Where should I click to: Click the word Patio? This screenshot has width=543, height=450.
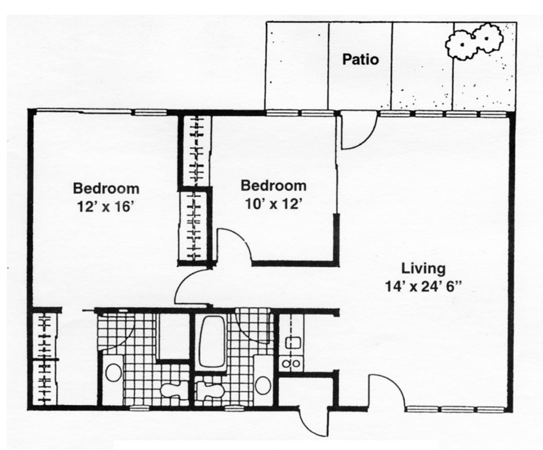360,60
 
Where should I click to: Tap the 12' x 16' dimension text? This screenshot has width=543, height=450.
106,207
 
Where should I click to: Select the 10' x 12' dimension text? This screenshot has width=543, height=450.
274,204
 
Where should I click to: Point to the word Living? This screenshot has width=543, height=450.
423,269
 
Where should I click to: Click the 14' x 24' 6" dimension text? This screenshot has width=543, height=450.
424,287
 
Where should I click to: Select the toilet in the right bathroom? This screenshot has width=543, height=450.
210,389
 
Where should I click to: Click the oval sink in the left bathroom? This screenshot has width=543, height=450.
114,372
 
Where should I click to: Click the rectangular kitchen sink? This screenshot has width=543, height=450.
293,342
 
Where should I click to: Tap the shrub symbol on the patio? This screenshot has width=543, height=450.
474,42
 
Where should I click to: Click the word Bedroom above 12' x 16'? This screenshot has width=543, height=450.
106,189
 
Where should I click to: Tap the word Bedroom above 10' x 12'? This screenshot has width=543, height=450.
274,186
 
